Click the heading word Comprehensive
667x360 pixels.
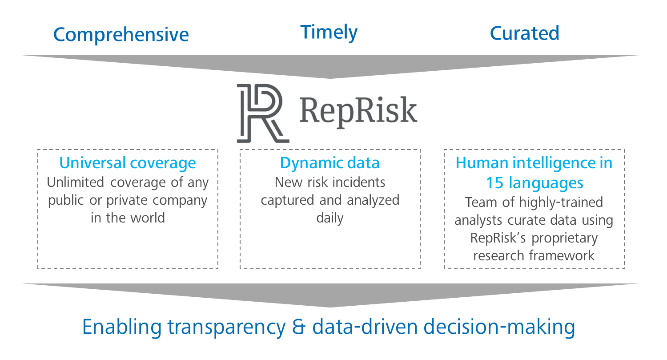pos(121,35)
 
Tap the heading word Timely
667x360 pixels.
pos(329,33)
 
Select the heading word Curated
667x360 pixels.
pos(525,33)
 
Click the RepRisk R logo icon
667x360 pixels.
pos(263,113)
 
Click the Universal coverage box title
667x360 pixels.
pos(128,163)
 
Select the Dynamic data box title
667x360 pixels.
pos(330,163)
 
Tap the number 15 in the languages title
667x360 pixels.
pos(494,183)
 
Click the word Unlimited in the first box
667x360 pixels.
pos(75,182)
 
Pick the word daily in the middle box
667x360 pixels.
pos(330,218)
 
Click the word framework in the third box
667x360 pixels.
pos(562,256)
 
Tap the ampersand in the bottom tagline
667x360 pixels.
pos(299,327)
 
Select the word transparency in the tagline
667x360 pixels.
pos(227,328)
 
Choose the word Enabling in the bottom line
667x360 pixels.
pos(122,328)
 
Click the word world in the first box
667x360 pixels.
pos(148,218)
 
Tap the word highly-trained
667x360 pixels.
pos(561,202)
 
